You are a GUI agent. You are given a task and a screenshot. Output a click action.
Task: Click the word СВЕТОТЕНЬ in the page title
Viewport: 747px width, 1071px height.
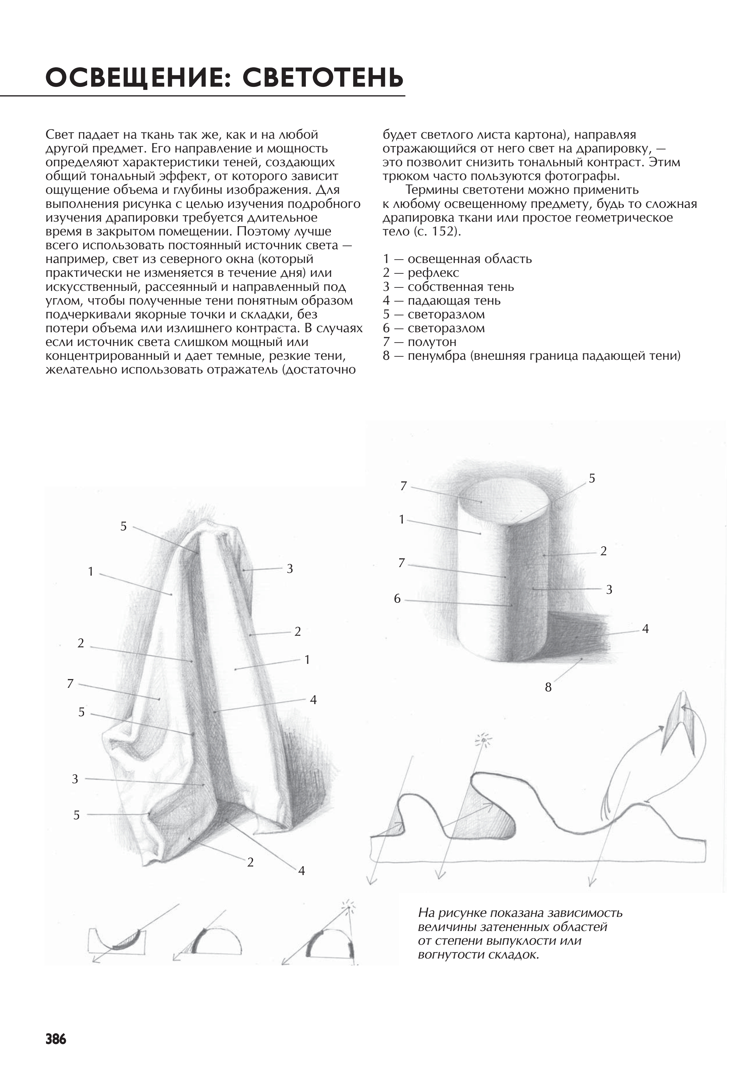tap(323, 77)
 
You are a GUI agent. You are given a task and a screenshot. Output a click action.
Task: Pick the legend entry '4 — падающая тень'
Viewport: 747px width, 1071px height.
tap(442, 300)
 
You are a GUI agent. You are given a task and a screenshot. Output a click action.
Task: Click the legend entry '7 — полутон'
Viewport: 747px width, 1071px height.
tap(419, 342)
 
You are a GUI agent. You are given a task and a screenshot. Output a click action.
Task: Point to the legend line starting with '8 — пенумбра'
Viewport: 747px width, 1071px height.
tap(532, 356)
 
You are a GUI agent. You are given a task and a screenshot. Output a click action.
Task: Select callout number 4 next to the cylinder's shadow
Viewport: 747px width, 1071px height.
tap(645, 629)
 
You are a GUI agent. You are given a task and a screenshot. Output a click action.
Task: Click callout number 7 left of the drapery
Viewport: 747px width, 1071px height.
tap(71, 684)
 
